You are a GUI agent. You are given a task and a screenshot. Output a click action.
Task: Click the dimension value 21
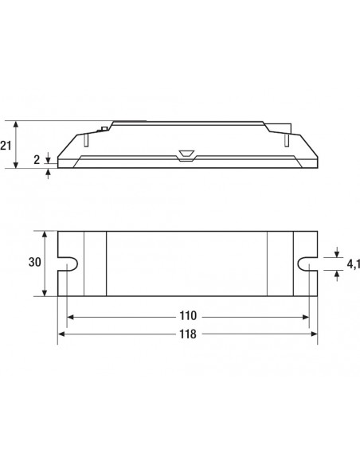[6, 146]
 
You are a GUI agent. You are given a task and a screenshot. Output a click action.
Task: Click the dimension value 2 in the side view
[37, 160]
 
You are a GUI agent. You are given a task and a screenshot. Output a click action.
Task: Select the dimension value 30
[35, 262]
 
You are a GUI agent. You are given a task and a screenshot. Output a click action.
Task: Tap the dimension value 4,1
[354, 264]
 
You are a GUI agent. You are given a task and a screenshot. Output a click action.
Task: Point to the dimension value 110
[188, 316]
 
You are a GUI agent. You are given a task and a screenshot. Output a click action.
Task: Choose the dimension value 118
[188, 334]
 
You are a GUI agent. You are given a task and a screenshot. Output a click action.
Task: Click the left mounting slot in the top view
[68, 264]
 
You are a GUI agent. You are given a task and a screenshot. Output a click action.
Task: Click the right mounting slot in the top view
[307, 264]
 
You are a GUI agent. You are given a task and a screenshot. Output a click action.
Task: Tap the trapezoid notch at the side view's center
[186, 156]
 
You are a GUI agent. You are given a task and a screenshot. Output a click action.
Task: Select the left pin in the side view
[86, 139]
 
